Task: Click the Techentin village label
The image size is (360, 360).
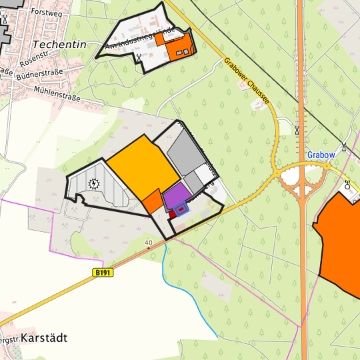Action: click(x=59, y=43)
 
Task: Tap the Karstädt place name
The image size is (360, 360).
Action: click(x=44, y=338)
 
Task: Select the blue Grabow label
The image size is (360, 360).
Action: click(x=321, y=155)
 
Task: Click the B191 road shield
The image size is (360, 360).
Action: click(x=103, y=272)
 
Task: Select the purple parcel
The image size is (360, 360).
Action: click(x=177, y=197)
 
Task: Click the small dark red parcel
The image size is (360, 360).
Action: click(x=171, y=214)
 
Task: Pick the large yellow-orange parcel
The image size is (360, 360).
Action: click(x=142, y=170)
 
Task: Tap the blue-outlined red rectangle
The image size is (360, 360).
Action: click(x=182, y=209)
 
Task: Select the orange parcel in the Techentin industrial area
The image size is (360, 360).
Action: click(x=180, y=45)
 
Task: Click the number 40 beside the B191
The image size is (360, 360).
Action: click(x=148, y=242)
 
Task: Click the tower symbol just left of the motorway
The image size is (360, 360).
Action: click(x=296, y=131)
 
